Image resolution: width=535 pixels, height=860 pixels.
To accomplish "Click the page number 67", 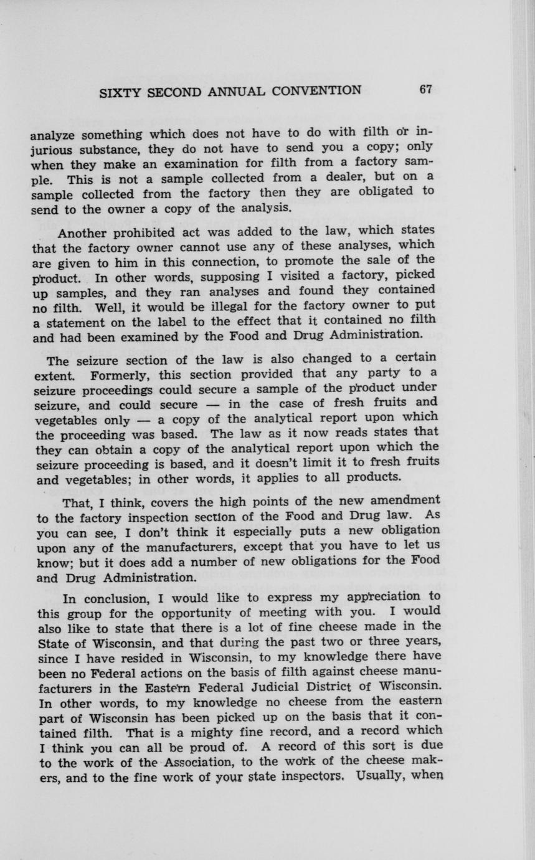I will [x=426, y=89].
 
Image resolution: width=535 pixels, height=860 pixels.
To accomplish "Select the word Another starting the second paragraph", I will [x=82, y=234].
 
